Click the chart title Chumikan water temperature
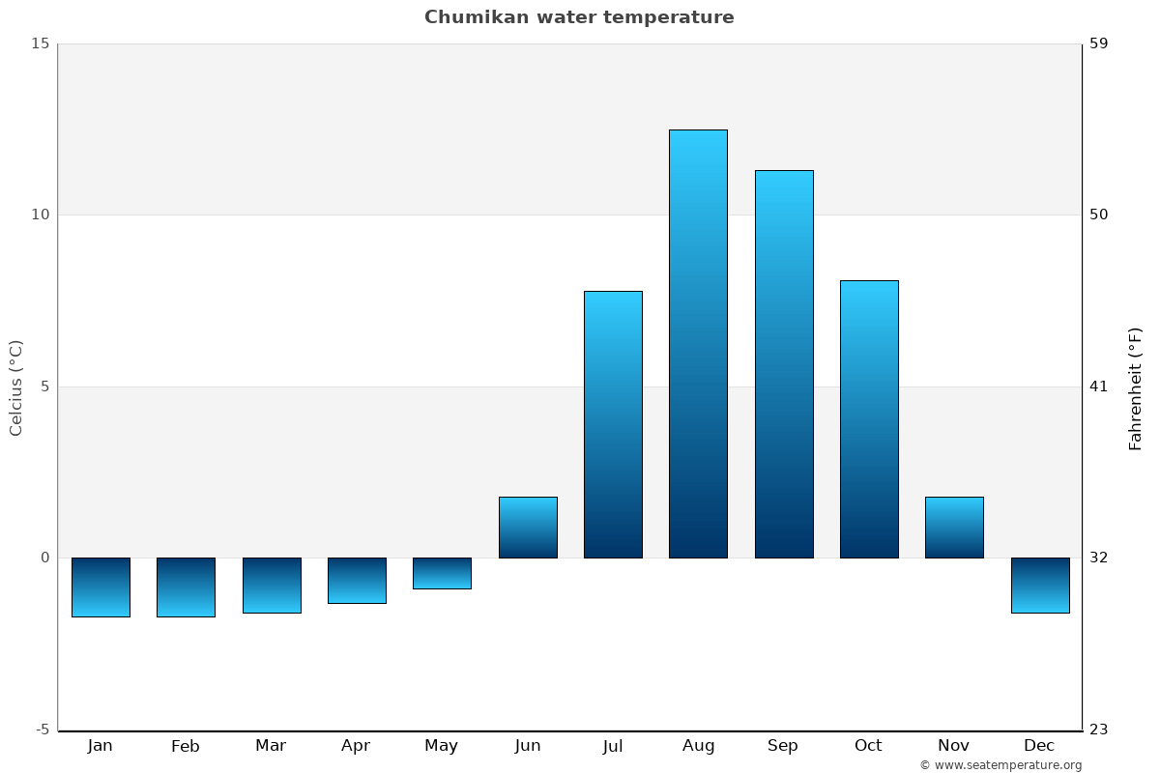(x=579, y=17)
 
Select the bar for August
(x=698, y=343)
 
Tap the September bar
(x=783, y=363)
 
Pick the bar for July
(x=613, y=424)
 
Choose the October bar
(x=868, y=418)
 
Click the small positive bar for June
(x=528, y=528)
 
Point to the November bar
(x=954, y=528)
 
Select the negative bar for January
(x=101, y=587)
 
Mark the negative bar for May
(x=442, y=573)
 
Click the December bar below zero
(x=1040, y=585)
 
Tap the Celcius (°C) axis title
(x=16, y=387)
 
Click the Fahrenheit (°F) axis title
(x=1135, y=387)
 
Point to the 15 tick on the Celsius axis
(x=40, y=43)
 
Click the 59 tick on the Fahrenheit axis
(x=1098, y=43)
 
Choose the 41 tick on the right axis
(x=1098, y=386)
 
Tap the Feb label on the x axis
(x=185, y=746)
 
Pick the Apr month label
(x=356, y=746)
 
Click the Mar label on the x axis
(x=271, y=746)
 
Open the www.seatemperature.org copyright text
(x=1000, y=765)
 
